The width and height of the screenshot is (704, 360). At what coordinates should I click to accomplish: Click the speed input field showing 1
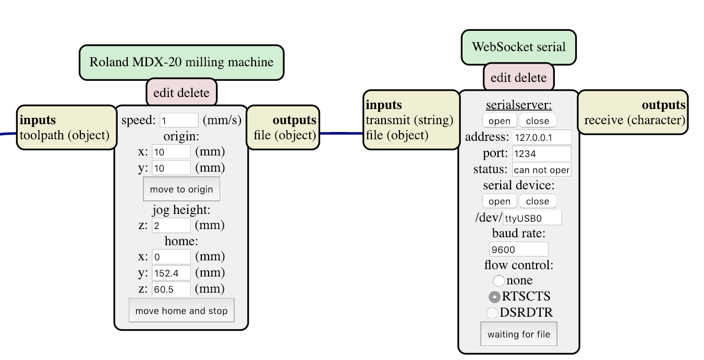pyautogui.click(x=179, y=121)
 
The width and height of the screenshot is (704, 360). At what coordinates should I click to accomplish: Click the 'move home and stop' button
pyautogui.click(x=181, y=310)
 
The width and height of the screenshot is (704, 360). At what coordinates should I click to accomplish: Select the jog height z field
pyautogui.click(x=171, y=225)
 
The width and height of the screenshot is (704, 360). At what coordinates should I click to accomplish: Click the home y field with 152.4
pyautogui.click(x=171, y=273)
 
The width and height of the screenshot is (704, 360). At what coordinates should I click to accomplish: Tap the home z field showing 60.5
pyautogui.click(x=171, y=289)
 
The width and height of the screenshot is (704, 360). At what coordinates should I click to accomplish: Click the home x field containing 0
pyautogui.click(x=171, y=257)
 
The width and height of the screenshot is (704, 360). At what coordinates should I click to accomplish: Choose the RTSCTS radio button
pyautogui.click(x=494, y=297)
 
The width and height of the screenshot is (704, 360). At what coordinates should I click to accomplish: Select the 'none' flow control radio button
pyautogui.click(x=499, y=281)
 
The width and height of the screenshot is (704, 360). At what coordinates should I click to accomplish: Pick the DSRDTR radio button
pyautogui.click(x=492, y=313)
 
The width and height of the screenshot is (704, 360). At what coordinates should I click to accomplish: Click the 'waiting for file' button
pyautogui.click(x=518, y=334)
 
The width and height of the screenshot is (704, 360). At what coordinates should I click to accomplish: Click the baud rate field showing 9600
pyautogui.click(x=518, y=249)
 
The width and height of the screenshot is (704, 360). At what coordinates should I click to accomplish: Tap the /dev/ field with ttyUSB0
pyautogui.click(x=532, y=218)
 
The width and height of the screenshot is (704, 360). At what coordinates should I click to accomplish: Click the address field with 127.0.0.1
pyautogui.click(x=542, y=137)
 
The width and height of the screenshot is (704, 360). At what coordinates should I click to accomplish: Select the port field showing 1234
pyautogui.click(x=541, y=153)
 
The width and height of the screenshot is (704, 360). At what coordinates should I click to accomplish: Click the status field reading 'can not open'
pyautogui.click(x=541, y=170)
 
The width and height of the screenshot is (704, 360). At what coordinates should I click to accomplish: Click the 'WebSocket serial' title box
pyautogui.click(x=518, y=47)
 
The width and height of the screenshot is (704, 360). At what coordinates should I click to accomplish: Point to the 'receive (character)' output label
pyautogui.click(x=635, y=120)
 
